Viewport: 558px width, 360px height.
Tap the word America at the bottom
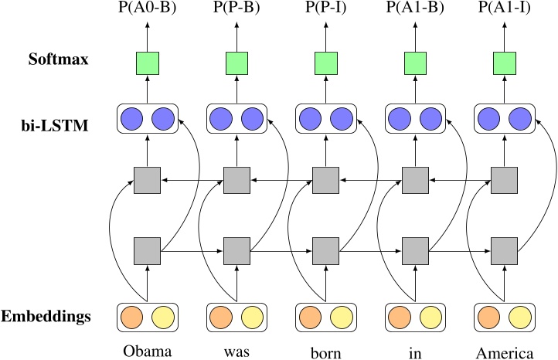click(x=505, y=352)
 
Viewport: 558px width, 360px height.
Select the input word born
click(x=325, y=352)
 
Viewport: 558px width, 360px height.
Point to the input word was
click(x=236, y=352)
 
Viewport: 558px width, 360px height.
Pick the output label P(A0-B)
click(x=147, y=8)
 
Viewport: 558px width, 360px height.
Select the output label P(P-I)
click(x=325, y=8)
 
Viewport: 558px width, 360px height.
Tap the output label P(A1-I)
click(x=505, y=8)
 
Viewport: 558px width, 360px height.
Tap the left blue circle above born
click(x=311, y=118)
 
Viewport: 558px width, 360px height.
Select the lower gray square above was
click(x=236, y=251)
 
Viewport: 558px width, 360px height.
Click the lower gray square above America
click(x=505, y=251)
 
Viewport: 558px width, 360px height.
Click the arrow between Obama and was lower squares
click(x=191, y=251)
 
